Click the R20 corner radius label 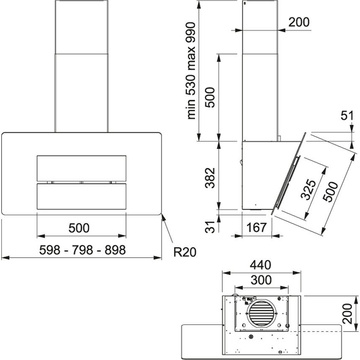185,252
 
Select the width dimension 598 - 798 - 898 82,250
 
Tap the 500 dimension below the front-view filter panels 79,228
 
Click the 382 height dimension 210,178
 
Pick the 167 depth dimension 256,227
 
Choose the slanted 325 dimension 308,189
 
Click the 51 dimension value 346,116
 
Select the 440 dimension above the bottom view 260,265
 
